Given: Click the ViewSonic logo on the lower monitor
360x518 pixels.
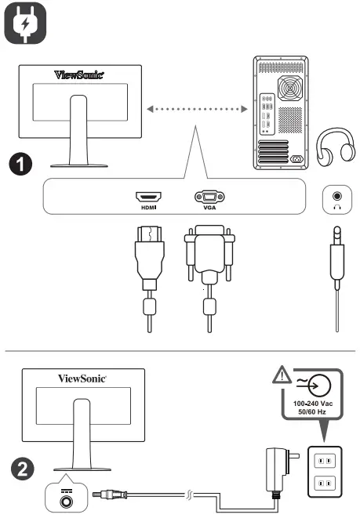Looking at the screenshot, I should [x=82, y=378].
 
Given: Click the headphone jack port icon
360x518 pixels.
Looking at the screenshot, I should [x=338, y=196].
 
